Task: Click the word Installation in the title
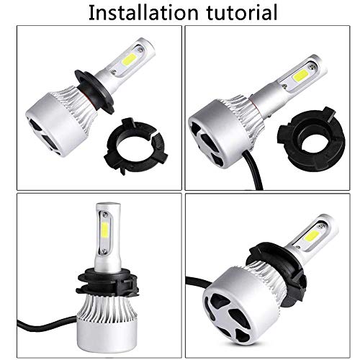tap(143, 12)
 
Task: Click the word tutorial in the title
tap(242, 12)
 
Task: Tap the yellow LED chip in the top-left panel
tap(129, 58)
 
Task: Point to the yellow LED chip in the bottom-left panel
tap(104, 230)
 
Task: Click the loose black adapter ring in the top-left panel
tap(136, 146)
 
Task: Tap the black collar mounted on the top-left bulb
tap(94, 91)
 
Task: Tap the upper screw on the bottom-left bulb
tap(104, 213)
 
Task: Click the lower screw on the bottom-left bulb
tap(104, 251)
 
